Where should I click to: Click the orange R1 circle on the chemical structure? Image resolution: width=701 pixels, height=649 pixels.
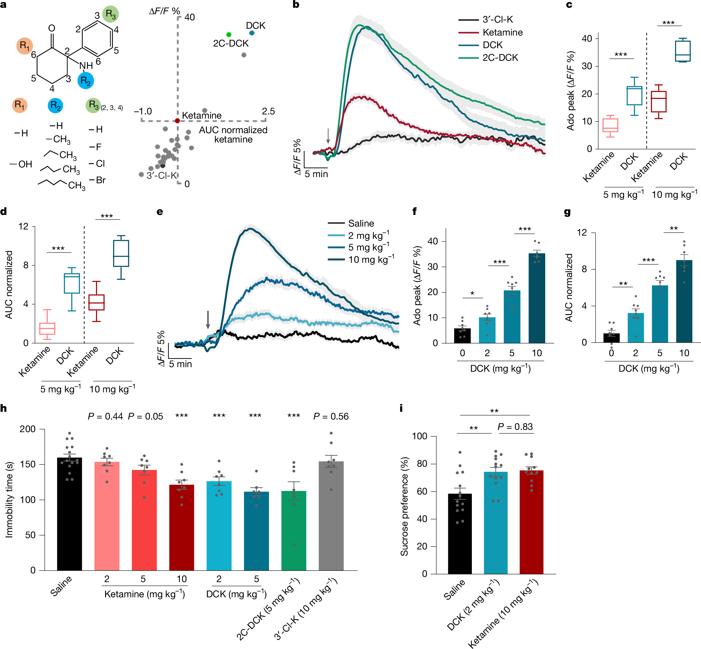click(25, 46)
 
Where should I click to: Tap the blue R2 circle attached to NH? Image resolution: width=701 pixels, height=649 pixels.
click(85, 80)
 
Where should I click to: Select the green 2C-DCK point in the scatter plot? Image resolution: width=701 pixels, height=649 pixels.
click(228, 34)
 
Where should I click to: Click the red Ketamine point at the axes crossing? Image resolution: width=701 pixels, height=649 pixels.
click(177, 121)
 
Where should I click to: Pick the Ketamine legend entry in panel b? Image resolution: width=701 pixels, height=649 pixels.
click(502, 32)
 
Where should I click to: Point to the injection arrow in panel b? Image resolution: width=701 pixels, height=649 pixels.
click(328, 135)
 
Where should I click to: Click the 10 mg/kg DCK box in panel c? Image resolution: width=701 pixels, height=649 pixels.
click(682, 51)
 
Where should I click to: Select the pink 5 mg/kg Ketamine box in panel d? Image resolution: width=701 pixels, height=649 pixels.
click(47, 328)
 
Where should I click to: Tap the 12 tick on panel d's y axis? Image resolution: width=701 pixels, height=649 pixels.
click(24, 227)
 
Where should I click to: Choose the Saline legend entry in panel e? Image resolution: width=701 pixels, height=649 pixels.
click(361, 223)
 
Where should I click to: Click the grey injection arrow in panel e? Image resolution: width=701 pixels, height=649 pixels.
click(208, 319)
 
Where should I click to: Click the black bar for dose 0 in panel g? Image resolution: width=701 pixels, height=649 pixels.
click(611, 337)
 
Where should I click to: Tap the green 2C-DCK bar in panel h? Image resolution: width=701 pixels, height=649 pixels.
click(293, 530)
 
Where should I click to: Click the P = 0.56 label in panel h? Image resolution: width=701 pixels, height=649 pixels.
click(331, 417)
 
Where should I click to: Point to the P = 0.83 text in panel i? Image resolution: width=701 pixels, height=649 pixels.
click(515, 427)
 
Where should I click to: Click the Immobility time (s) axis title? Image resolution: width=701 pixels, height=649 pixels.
click(9, 500)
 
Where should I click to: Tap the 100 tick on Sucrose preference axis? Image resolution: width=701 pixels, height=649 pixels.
click(419, 436)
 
